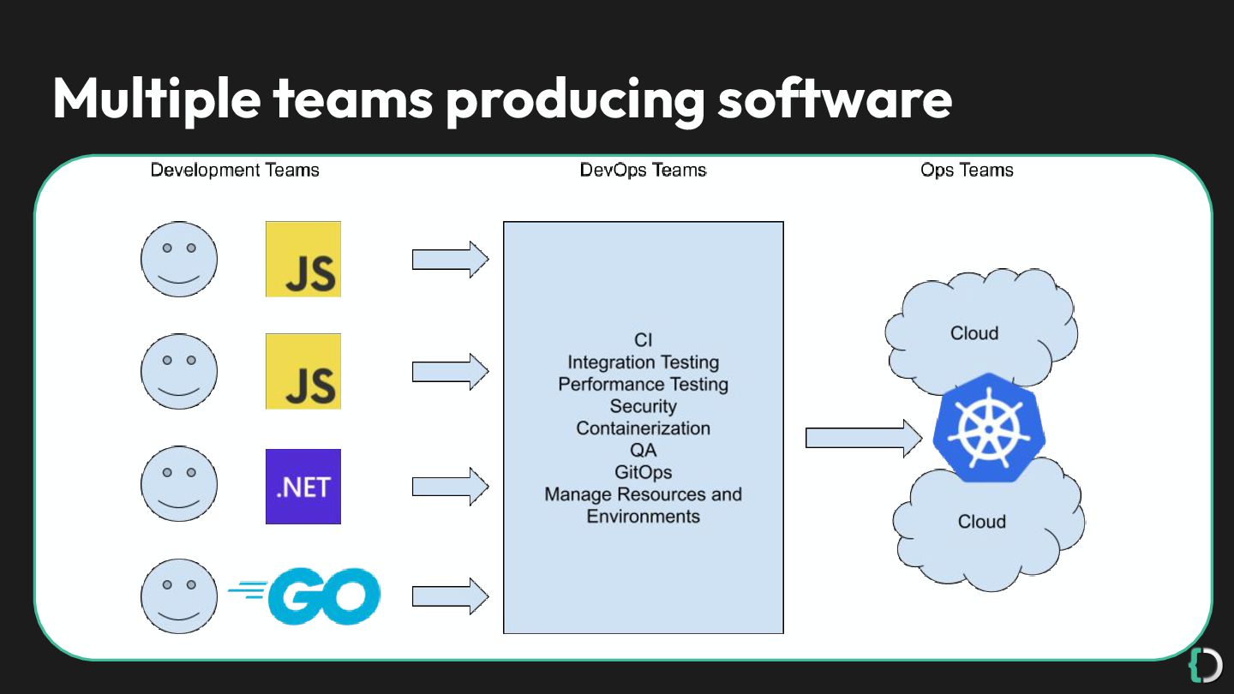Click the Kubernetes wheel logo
click(983, 426)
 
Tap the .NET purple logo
click(303, 487)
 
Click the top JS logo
click(303, 259)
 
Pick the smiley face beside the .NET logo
click(179, 483)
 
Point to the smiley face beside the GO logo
click(179, 596)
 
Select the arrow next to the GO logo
click(450, 596)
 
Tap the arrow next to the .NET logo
click(450, 486)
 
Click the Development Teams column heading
click(235, 171)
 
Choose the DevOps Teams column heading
click(643, 171)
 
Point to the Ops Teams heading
click(967, 171)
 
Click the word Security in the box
click(643, 406)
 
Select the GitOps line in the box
click(643, 472)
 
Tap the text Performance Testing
click(643, 384)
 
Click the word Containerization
click(643, 428)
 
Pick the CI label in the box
click(643, 341)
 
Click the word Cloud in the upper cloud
click(974, 333)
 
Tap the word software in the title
click(834, 99)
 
